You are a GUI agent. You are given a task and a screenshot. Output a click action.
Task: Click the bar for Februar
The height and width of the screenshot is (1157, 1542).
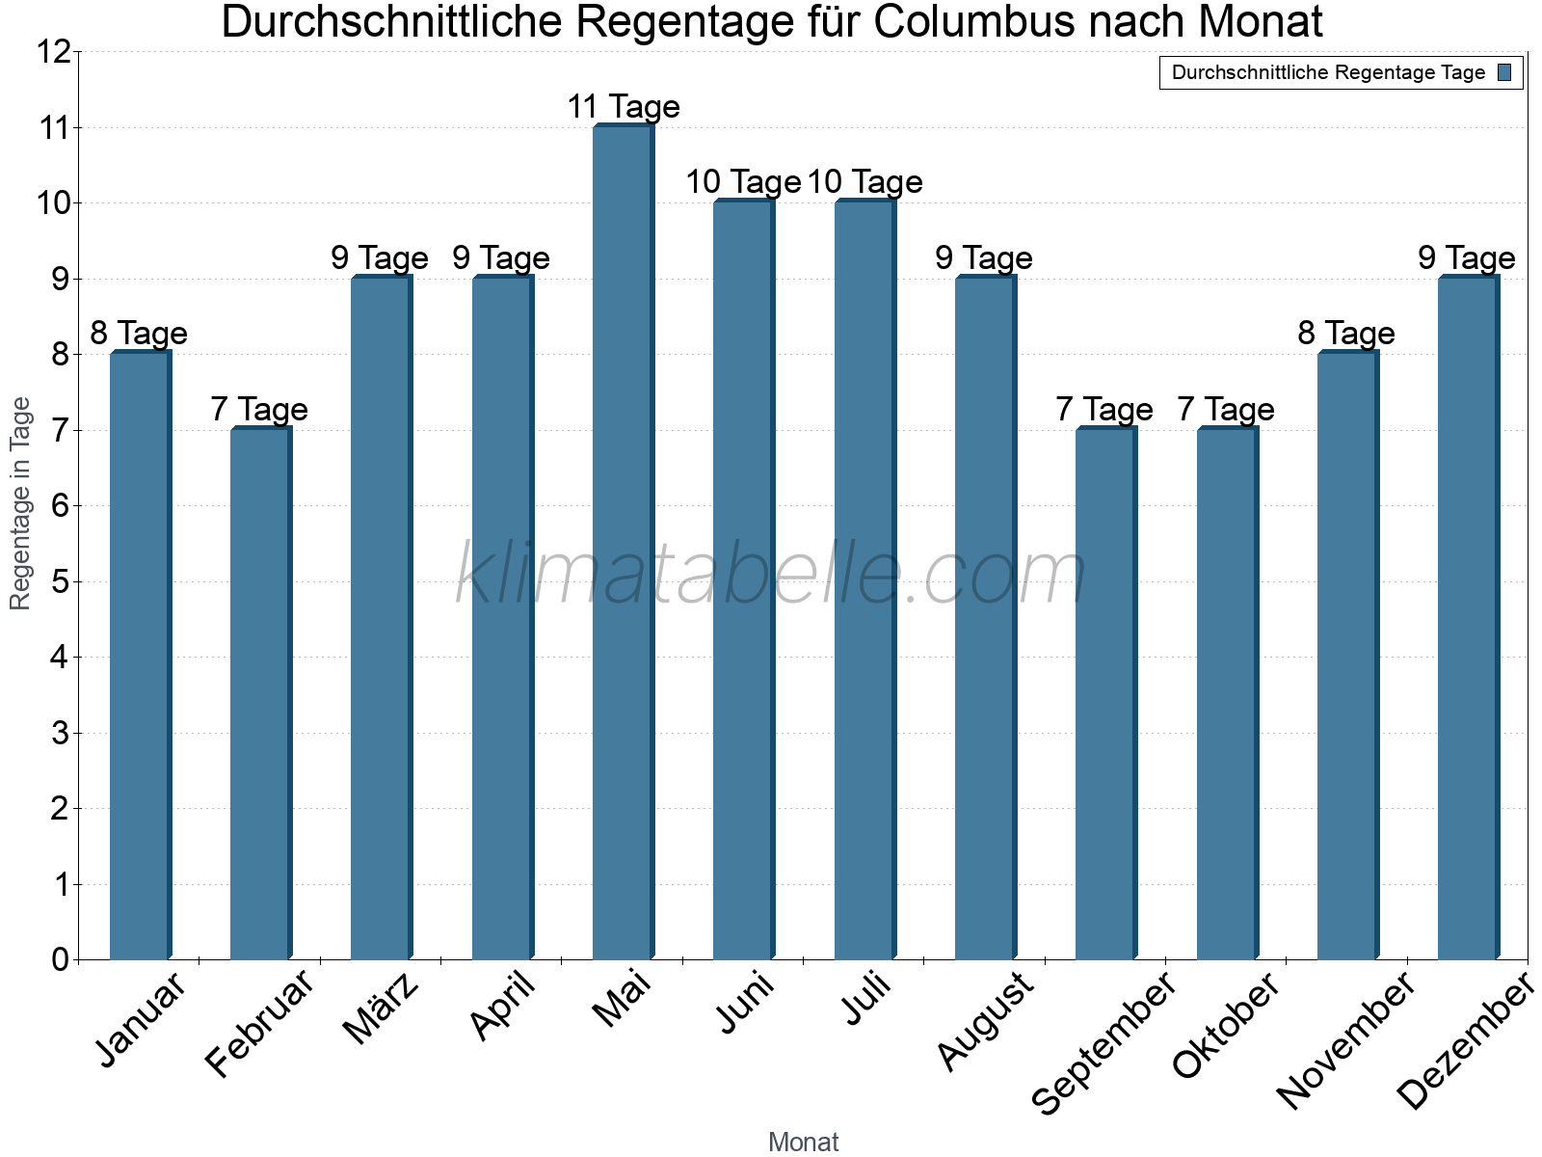tap(260, 693)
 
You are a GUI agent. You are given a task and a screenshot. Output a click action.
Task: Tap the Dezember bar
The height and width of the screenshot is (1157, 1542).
tap(1468, 618)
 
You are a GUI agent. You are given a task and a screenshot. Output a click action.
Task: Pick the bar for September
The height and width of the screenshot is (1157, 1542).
tap(1105, 693)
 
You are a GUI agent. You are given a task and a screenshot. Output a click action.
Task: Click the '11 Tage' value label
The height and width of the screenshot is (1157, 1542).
tap(624, 107)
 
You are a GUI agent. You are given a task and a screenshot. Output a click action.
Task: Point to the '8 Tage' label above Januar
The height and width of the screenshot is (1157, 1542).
tap(139, 334)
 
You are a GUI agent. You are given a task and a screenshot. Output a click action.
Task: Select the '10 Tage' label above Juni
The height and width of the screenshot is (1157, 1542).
tap(743, 182)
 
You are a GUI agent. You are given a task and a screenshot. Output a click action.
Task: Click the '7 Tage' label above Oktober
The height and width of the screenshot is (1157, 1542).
tap(1226, 410)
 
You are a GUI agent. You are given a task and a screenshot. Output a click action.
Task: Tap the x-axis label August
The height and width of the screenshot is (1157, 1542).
tap(984, 1022)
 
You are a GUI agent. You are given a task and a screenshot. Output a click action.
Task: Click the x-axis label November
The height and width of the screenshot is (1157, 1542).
tap(1345, 1041)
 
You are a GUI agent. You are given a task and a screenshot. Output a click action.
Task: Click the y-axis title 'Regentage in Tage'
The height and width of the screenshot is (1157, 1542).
tap(21, 503)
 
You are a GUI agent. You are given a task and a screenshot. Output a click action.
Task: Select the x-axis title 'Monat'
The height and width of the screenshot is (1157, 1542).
tap(803, 1143)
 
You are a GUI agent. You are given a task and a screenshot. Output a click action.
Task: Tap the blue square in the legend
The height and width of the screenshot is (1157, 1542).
tap(1505, 72)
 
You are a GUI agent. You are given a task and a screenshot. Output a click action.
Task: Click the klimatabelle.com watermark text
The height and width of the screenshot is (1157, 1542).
tap(771, 574)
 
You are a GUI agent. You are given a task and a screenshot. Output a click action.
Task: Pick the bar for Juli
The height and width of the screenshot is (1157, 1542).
tap(864, 579)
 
